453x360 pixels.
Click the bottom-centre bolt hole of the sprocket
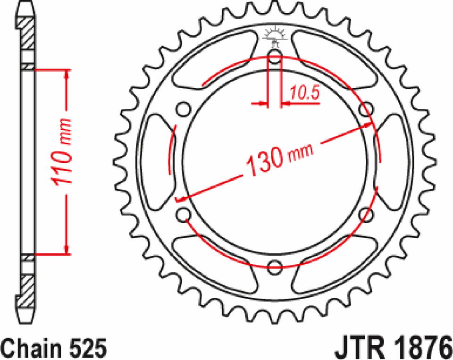tap(275, 268)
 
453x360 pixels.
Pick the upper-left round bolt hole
tap(184, 110)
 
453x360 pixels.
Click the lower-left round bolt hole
tap(184, 215)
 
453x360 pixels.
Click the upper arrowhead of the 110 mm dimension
tap(67, 75)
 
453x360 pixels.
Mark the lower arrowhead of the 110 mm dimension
tap(67, 249)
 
